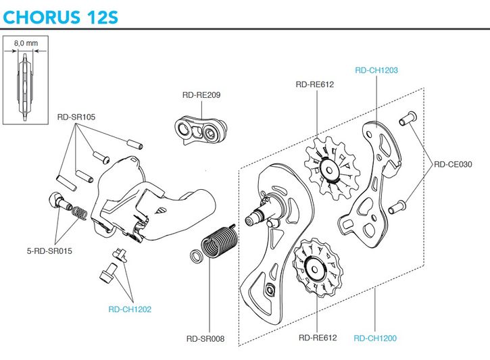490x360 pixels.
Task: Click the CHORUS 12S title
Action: pyautogui.click(x=61, y=14)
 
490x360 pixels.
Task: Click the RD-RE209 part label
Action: pyautogui.click(x=201, y=95)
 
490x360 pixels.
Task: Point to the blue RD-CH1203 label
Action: pyautogui.click(x=376, y=70)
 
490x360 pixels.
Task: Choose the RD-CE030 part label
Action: pyautogui.click(x=454, y=163)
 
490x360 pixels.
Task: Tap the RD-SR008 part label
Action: pyautogui.click(x=207, y=339)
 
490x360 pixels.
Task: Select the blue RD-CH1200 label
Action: pyautogui.click(x=375, y=338)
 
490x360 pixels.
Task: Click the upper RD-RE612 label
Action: pyautogui.click(x=316, y=85)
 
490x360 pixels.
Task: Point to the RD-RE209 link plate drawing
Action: pyautogui.click(x=200, y=129)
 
